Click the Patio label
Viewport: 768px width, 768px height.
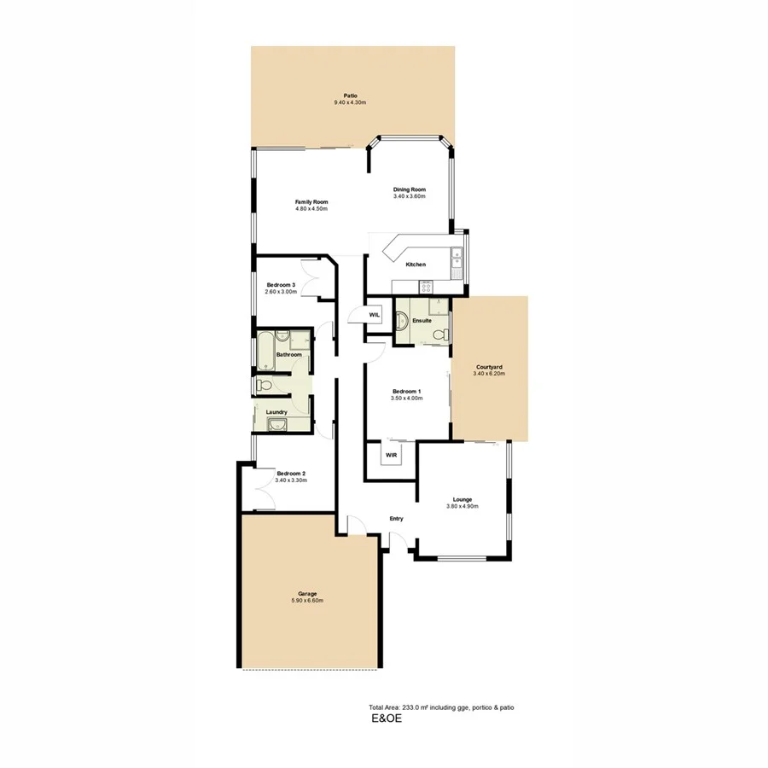coord(350,96)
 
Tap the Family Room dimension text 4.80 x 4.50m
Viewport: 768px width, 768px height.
coord(311,209)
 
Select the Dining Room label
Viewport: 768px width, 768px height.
coord(409,189)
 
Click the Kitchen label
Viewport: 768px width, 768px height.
coord(416,265)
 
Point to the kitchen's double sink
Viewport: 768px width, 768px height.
coord(457,260)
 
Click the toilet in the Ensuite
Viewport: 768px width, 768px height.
coord(439,335)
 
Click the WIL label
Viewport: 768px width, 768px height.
coord(374,315)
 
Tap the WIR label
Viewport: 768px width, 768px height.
coord(391,456)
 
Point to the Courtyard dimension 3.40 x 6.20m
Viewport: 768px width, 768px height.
coord(490,374)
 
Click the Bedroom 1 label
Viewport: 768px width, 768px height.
coord(406,392)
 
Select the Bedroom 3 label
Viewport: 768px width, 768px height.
coord(281,285)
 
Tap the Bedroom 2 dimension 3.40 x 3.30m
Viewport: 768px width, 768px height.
coord(291,480)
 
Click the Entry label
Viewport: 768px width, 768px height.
coord(396,519)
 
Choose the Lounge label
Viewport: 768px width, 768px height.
coord(463,499)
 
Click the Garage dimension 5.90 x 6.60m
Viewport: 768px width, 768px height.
coord(307,601)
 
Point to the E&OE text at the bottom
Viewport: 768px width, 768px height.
coord(385,719)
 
